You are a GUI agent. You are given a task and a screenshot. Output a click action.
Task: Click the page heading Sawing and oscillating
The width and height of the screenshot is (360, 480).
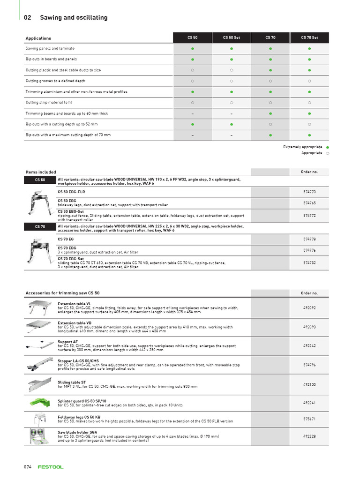(74, 17)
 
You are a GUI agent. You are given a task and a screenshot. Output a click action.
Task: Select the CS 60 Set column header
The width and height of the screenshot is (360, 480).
(231, 37)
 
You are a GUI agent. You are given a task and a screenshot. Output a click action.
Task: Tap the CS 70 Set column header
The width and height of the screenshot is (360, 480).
(309, 37)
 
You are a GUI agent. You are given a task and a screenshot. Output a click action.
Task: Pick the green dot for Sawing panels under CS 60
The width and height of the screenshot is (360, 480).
(192, 48)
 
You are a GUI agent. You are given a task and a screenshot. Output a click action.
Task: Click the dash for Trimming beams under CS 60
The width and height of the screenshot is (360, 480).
(192, 113)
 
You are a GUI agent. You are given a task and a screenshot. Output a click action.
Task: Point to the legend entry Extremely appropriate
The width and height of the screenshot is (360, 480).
(302, 147)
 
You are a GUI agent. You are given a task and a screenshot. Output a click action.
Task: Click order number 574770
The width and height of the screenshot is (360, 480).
(309, 192)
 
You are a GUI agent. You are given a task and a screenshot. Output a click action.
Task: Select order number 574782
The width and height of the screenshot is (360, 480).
(309, 263)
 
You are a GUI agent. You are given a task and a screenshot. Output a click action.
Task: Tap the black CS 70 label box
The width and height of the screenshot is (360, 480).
(40, 227)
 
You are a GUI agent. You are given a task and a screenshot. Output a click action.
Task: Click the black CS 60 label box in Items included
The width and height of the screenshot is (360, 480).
(40, 180)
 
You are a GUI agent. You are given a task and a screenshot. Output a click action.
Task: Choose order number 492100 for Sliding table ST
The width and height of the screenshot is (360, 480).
(309, 384)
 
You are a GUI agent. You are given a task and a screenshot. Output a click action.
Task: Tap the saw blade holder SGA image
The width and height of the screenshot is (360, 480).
(40, 436)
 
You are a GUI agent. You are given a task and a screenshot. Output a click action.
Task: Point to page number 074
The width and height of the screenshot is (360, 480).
(28, 467)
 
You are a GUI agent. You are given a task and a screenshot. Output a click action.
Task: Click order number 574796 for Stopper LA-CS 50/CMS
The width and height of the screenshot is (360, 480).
(309, 364)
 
